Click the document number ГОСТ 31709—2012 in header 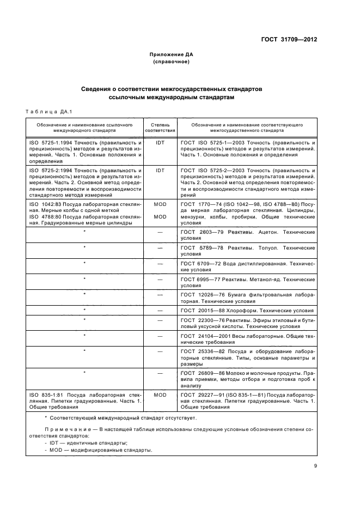[289, 39]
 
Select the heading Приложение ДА [172, 54]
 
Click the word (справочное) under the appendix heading [172, 62]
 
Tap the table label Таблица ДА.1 [48, 112]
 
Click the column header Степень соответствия [160, 127]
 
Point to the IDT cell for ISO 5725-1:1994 [160, 141]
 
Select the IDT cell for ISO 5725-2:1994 [160, 171]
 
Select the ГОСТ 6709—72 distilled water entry [247, 266]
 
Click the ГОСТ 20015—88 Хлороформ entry [247, 310]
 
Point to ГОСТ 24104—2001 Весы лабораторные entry [247, 339]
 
